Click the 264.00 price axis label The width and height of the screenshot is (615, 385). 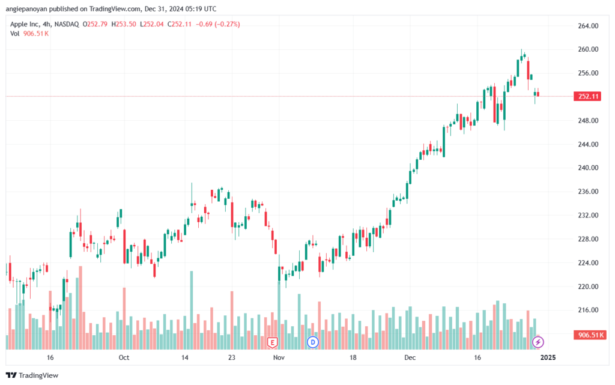588,26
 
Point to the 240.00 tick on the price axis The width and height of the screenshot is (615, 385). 588,168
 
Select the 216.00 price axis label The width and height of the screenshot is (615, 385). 588,310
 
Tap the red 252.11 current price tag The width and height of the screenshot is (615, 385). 587,97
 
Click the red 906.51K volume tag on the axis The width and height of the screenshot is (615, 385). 590,335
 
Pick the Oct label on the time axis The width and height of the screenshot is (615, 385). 124,357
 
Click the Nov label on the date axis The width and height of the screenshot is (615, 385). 279,357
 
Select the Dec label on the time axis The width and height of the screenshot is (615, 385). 410,357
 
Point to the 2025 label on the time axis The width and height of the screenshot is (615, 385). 548,357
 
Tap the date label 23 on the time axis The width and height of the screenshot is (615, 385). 232,357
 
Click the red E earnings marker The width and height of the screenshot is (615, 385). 272,343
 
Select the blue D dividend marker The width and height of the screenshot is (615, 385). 312,342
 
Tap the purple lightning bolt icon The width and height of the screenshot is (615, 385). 538,342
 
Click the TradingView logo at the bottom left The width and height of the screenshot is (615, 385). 32,375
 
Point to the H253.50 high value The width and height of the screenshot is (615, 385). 124,24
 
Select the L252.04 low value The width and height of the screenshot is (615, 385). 152,24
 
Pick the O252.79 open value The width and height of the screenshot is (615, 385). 95,24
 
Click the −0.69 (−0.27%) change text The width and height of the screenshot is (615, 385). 217,24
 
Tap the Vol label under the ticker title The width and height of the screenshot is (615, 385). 14,34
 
